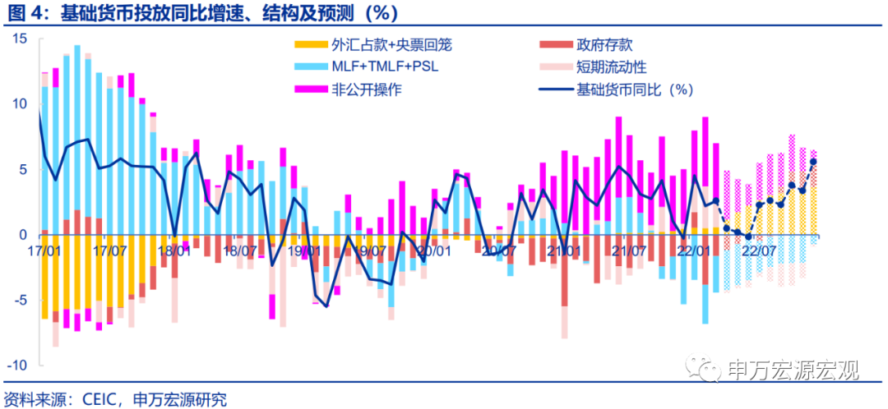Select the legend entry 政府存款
point(604,45)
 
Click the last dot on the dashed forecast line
point(813,161)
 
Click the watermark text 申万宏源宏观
point(793,370)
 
